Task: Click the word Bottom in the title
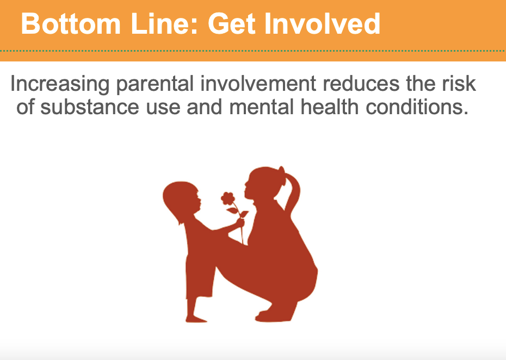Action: [x=71, y=23]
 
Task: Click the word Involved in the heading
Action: [x=323, y=23]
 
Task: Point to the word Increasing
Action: [x=60, y=84]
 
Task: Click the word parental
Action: [x=155, y=84]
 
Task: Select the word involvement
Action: [x=258, y=84]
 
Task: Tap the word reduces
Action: [x=361, y=84]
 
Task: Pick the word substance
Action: [x=90, y=107]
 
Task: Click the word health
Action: [x=330, y=107]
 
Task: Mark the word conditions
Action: [x=417, y=107]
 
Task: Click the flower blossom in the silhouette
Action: [x=228, y=198]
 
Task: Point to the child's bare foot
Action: [x=195, y=319]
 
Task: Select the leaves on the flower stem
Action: [x=238, y=213]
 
